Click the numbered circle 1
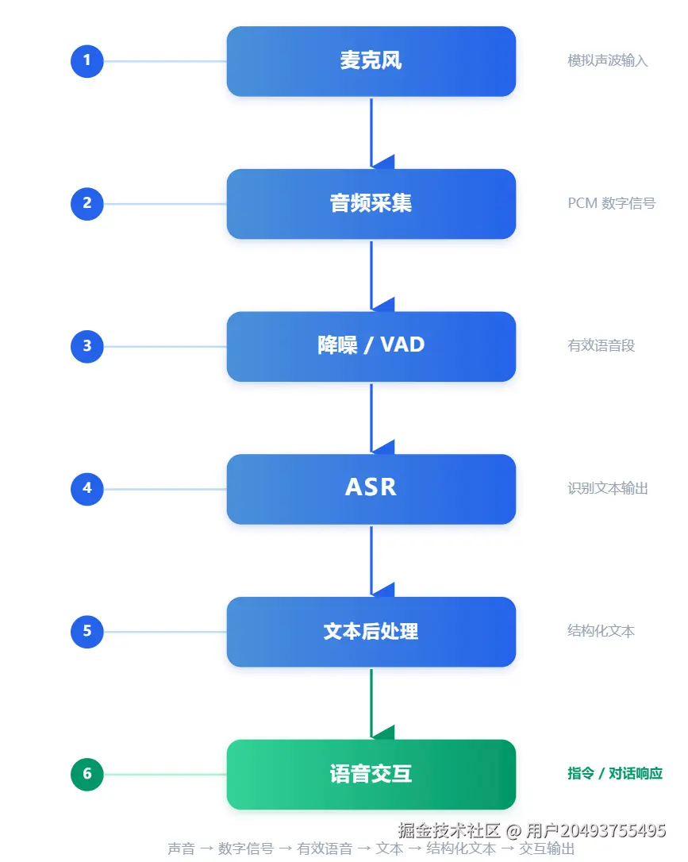tap(86, 61)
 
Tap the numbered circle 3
tap(86, 346)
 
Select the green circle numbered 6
tap(86, 774)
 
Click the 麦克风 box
tap(371, 61)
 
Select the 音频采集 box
tap(371, 204)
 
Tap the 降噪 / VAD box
tap(371, 346)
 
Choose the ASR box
tap(371, 489)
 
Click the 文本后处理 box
tap(371, 632)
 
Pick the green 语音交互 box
tap(371, 774)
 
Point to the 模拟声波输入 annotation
tap(607, 60)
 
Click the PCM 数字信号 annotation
tap(612, 203)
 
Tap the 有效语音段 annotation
tap(602, 346)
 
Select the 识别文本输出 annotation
tap(607, 488)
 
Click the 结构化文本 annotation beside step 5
tap(602, 630)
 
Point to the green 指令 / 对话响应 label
tap(615, 773)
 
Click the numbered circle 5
tap(86, 632)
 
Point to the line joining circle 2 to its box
tap(165, 204)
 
